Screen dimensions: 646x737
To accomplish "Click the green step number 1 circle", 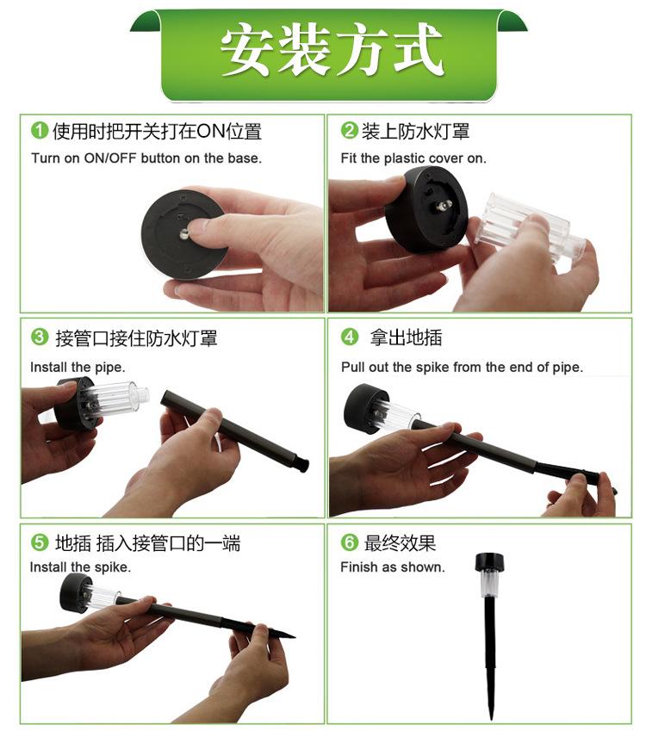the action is [40, 130].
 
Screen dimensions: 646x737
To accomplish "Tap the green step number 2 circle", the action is [350, 130].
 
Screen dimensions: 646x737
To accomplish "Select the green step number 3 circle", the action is [40, 337].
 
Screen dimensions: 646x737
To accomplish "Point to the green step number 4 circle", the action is [350, 337].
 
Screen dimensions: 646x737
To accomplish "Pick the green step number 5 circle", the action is [40, 542].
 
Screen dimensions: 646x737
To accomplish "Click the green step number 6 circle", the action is [350, 542].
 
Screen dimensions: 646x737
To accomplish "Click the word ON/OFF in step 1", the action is [110, 158].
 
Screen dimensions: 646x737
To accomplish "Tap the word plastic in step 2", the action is [404, 158].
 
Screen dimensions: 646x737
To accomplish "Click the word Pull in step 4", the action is [353, 367].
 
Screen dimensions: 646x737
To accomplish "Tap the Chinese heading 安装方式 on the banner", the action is [332, 50].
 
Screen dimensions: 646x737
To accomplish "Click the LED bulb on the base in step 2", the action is [444, 206].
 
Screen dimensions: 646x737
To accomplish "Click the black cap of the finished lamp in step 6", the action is [489, 561].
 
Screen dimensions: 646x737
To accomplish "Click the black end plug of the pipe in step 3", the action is [301, 461].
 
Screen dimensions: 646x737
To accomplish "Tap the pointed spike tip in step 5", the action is [295, 636].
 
